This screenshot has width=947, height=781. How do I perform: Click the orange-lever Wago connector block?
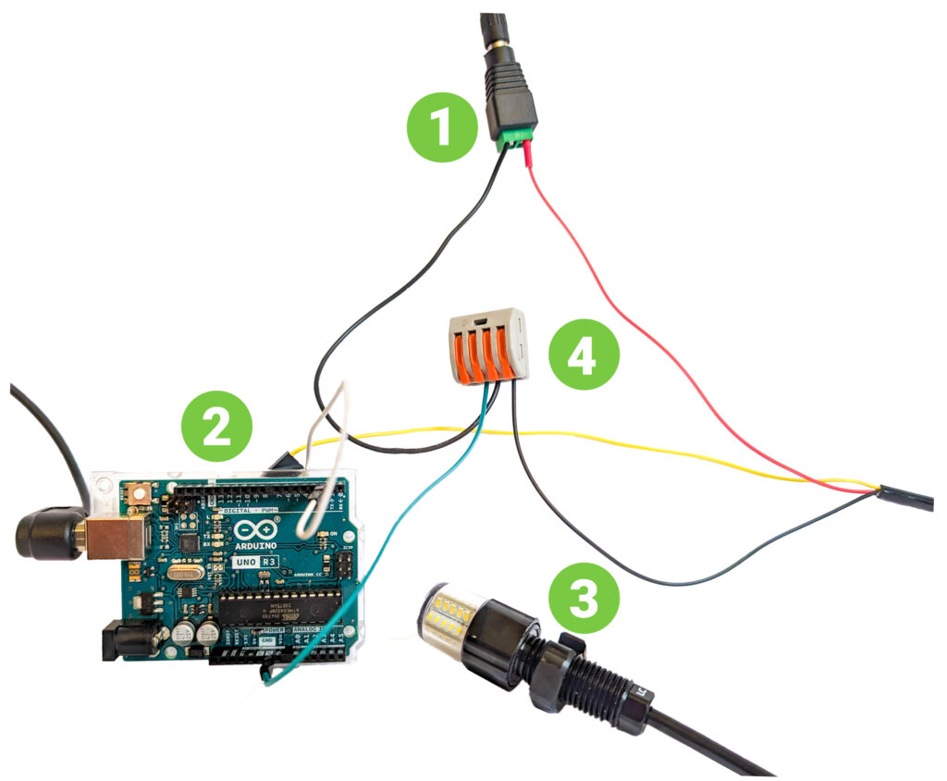487,348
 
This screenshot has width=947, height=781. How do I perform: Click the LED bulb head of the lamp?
449,614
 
